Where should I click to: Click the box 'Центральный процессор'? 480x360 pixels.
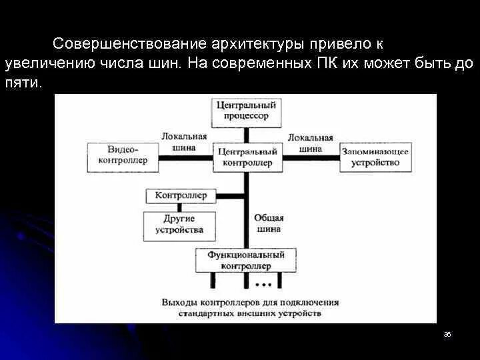pyautogui.click(x=245, y=110)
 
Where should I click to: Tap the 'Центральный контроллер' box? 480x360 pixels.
pyautogui.click(x=245, y=157)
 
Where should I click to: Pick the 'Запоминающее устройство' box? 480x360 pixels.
pyautogui.click(x=375, y=157)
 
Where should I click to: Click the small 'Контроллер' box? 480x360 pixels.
pyautogui.click(x=181, y=196)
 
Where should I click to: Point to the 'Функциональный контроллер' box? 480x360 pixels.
pyautogui.click(x=245, y=260)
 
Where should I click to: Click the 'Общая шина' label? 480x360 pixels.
pyautogui.click(x=269, y=223)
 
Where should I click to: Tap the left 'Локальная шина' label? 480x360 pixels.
pyautogui.click(x=179, y=142)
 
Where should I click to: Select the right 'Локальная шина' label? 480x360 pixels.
pyautogui.click(x=310, y=142)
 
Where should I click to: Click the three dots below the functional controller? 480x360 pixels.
pyautogui.click(x=262, y=285)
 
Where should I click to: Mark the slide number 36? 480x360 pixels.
pyautogui.click(x=447, y=334)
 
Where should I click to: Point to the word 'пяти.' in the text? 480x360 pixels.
pyautogui.click(x=23, y=84)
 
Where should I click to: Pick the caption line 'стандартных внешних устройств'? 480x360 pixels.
pyautogui.click(x=249, y=313)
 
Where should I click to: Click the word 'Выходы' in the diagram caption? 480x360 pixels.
pyautogui.click(x=178, y=302)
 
